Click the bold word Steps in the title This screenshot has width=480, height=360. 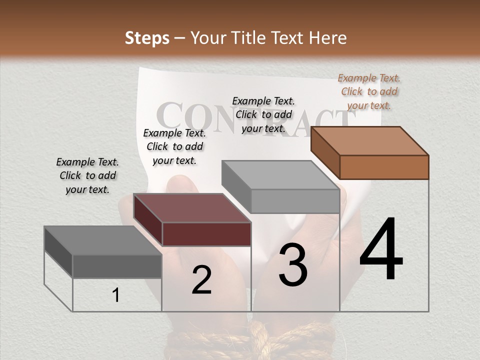tap(147, 38)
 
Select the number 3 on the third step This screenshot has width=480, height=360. tap(293, 265)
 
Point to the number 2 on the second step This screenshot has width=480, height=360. tap(201, 280)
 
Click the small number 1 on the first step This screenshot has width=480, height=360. tap(116, 295)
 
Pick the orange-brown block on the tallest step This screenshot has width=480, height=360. tap(370, 152)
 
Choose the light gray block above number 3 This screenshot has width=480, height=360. tap(281, 186)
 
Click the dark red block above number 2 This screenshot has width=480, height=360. tap(192, 219)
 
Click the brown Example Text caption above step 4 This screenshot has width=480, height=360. tap(369, 91)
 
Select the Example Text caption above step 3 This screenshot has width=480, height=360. tap(263, 114)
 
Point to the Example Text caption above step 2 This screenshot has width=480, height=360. tap(174, 146)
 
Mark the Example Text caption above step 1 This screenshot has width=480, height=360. tap(87, 175)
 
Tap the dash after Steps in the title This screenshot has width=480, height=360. tap(180, 38)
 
